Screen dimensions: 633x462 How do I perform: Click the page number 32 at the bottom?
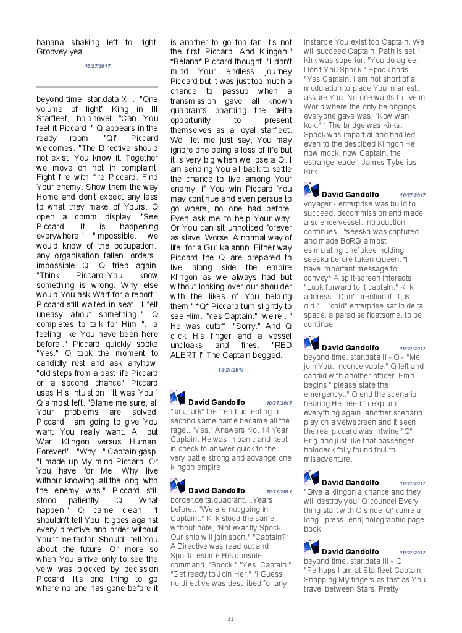pos(230,619)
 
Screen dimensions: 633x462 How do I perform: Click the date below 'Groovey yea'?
pos(98,66)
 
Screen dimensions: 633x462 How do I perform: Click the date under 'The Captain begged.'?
pos(230,370)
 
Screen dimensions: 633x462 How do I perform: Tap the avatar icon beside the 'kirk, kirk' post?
pos(177,398)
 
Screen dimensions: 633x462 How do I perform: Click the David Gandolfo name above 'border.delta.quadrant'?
pos(216,491)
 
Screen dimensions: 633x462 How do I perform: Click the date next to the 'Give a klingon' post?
pos(412,483)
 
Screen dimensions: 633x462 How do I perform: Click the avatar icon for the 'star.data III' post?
pos(311,546)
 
